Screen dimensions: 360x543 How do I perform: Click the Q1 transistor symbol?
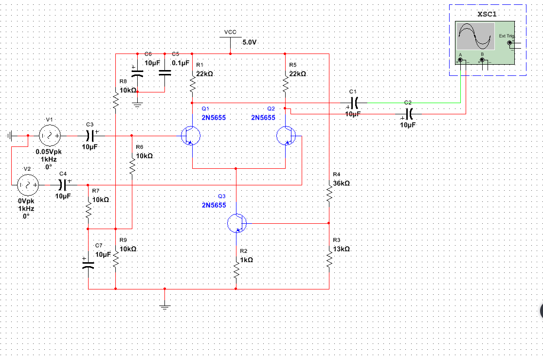[x=190, y=136]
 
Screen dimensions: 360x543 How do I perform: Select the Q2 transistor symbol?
[x=286, y=136]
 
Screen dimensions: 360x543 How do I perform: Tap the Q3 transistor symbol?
[x=237, y=223]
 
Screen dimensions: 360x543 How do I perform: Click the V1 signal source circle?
[x=49, y=135]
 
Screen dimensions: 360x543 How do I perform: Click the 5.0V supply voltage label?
[x=249, y=43]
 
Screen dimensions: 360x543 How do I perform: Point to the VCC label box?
[x=230, y=32]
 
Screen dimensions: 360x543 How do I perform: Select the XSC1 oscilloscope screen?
[x=475, y=36]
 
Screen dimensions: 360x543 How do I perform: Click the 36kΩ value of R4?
[x=341, y=184]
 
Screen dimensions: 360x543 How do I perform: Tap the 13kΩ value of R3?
[x=341, y=249]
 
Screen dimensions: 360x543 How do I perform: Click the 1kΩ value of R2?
[x=246, y=260]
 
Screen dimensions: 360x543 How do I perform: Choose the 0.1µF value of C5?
[x=180, y=63]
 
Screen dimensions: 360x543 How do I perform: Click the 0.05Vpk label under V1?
[x=48, y=152]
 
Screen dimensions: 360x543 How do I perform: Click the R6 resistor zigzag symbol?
[x=132, y=165]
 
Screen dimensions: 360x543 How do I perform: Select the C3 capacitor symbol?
[x=90, y=135]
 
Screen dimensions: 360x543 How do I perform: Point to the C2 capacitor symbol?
[x=409, y=114]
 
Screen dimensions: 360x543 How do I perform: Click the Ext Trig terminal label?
[x=506, y=36]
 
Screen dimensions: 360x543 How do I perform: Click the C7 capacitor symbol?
[x=89, y=266]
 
